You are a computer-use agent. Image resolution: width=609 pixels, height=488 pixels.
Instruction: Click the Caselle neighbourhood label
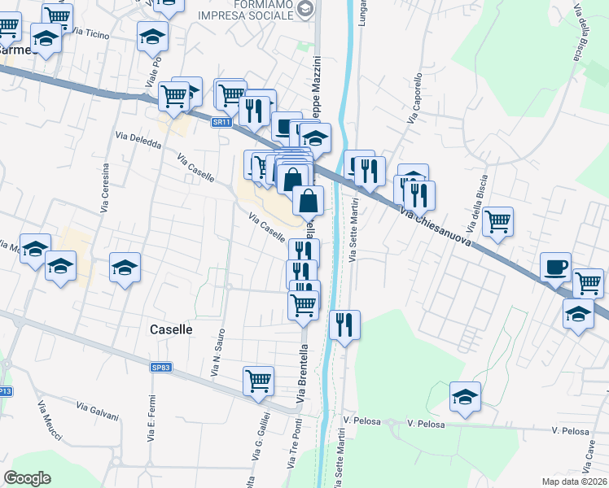[x=172, y=329]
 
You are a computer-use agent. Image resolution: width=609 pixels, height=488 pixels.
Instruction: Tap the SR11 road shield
[x=220, y=122]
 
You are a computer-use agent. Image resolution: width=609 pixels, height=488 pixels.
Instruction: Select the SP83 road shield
[x=161, y=368]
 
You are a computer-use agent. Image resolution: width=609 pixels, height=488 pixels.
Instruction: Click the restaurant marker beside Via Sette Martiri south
[x=344, y=325]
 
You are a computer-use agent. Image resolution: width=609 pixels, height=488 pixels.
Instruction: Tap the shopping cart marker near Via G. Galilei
[x=258, y=380]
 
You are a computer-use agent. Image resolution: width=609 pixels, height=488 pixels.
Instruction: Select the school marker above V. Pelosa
[x=465, y=396]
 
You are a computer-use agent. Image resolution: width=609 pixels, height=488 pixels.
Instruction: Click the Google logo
[x=27, y=478]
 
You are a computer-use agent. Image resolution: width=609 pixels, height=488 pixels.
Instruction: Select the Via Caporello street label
[x=415, y=98]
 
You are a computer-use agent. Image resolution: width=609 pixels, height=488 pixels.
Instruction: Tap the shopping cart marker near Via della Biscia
[x=497, y=220]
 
